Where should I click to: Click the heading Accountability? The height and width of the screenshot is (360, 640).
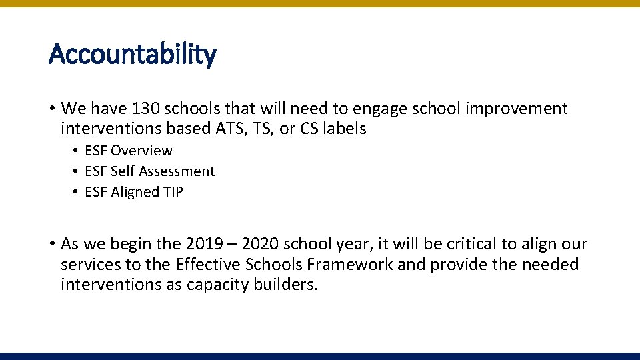[x=133, y=54]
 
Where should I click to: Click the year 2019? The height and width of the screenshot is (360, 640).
[x=205, y=245]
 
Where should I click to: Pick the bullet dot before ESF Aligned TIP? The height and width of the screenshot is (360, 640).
[x=77, y=193]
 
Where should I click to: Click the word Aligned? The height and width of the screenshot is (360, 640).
[x=136, y=192]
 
